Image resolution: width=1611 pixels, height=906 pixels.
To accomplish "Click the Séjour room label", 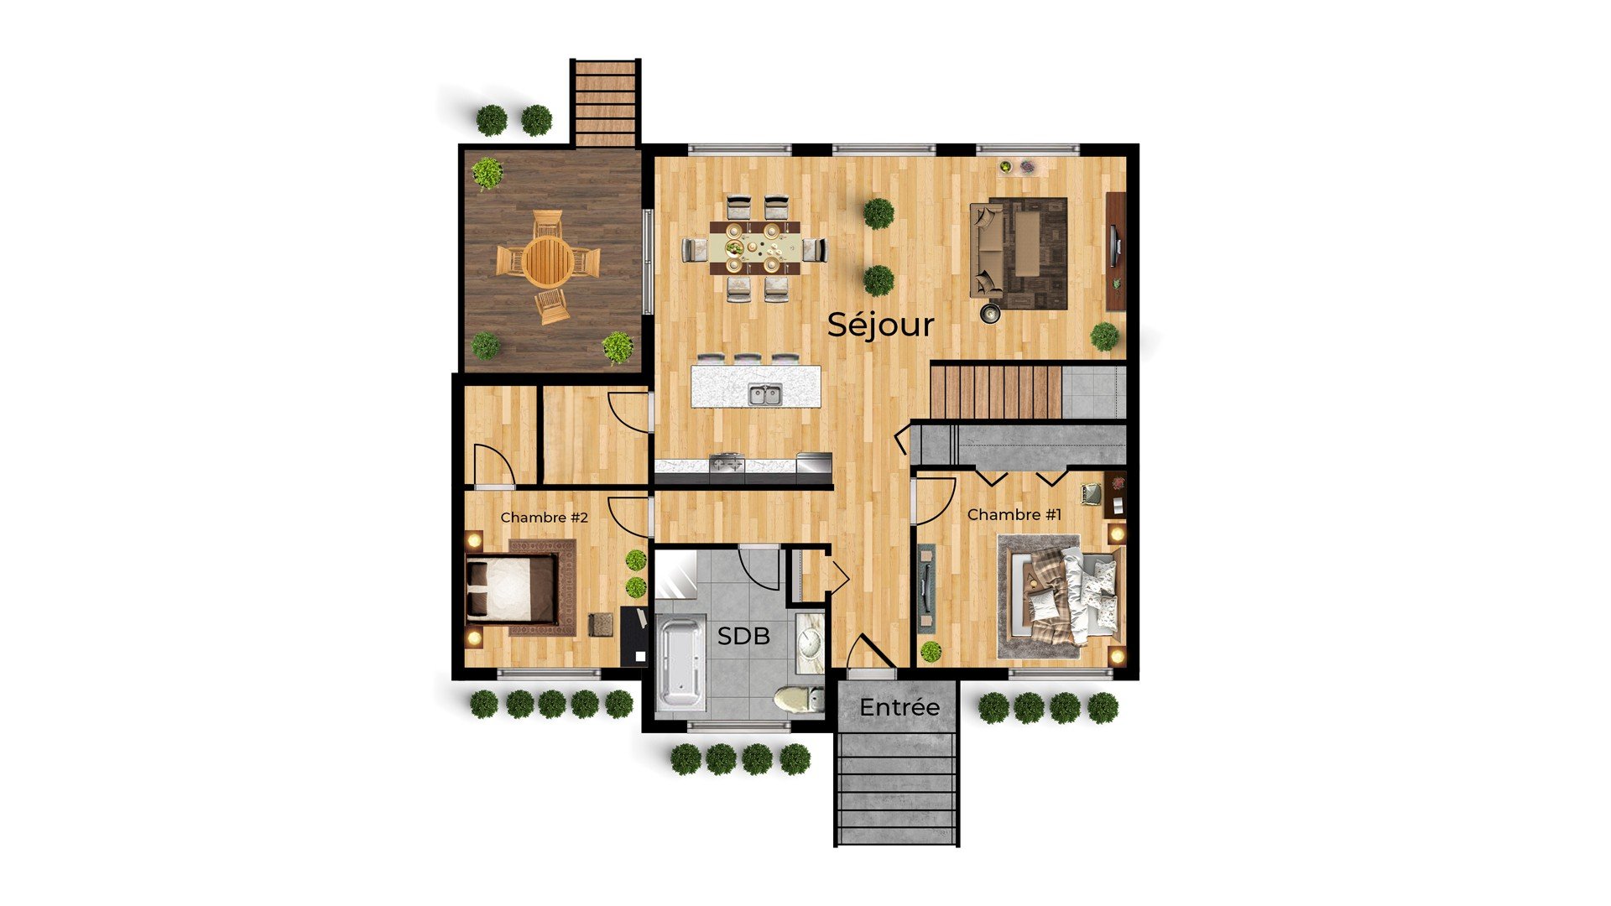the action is (x=880, y=325).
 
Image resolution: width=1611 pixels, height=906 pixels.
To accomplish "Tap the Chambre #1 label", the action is (x=1014, y=514).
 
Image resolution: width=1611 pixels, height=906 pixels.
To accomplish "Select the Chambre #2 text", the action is (x=545, y=518).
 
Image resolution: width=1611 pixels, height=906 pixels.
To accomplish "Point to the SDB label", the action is (x=743, y=636).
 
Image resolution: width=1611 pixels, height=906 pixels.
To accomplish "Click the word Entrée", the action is (x=899, y=707).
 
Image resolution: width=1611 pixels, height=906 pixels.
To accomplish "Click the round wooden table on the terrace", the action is (x=549, y=260).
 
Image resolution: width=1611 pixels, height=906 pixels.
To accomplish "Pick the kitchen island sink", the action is (x=765, y=393).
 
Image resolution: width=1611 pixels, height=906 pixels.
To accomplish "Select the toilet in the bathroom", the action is (x=798, y=699).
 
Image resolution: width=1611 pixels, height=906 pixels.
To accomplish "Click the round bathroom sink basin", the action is (x=810, y=643).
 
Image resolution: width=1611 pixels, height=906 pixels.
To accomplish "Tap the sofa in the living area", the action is (x=987, y=249).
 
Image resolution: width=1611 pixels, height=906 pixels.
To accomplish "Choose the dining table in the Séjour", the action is (x=754, y=248).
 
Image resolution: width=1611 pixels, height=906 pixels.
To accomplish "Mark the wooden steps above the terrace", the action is (x=606, y=102).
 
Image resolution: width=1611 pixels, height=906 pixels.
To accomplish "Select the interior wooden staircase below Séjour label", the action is (x=996, y=390).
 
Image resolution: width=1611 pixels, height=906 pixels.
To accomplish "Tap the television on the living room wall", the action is (x=1115, y=250).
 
